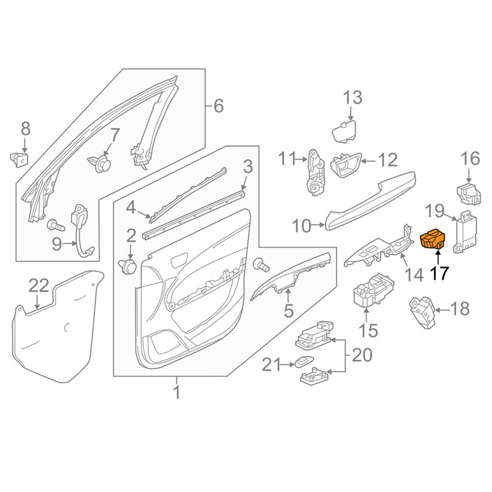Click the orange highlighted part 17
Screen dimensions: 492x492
(433, 240)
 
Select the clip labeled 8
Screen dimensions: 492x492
(20, 159)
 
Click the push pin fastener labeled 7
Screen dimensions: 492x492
(99, 164)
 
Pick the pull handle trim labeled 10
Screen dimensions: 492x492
(370, 200)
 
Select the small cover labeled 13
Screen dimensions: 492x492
(344, 131)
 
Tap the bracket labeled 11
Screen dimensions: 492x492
(315, 172)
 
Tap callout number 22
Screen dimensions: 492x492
(39, 285)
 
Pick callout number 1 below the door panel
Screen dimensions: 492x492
(177, 392)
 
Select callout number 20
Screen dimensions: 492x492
(362, 355)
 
